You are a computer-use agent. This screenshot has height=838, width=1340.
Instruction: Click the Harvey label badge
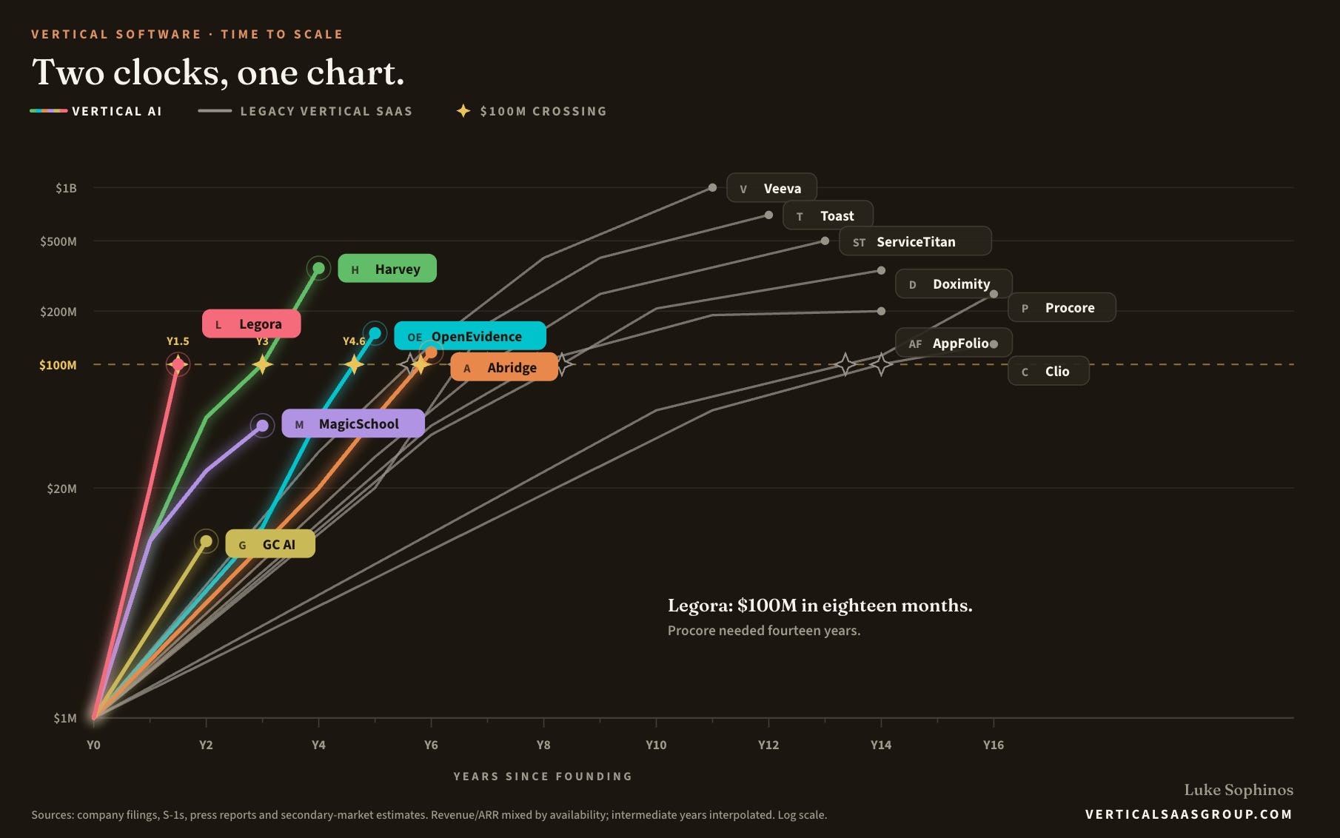pos(387,269)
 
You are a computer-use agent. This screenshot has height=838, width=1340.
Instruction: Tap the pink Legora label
pos(252,324)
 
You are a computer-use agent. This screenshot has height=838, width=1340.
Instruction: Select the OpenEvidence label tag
pos(470,336)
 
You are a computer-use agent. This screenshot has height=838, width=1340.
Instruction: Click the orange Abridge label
pos(504,367)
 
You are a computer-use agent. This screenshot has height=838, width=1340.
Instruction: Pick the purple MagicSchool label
pos(353,423)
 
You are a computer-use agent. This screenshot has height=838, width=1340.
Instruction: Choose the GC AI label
pos(270,544)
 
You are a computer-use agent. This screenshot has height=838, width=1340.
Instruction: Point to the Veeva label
pos(771,188)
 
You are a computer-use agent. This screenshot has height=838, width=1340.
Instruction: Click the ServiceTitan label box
pos(915,241)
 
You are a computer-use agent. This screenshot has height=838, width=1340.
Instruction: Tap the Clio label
pos(1048,371)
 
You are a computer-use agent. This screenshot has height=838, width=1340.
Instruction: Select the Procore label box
pos(1062,307)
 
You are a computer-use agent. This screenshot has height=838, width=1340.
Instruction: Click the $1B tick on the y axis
pos(66,188)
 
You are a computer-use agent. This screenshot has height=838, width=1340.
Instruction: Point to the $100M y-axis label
pos(58,365)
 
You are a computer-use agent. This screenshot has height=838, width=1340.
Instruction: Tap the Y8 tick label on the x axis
pos(543,745)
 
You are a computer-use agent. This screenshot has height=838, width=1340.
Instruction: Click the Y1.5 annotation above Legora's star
pos(178,341)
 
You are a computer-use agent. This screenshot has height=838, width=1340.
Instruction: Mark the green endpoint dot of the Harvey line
pos(318,268)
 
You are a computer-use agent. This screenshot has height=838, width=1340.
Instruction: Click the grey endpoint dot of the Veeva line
pos(712,188)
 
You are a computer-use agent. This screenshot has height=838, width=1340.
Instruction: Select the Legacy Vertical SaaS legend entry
pos(305,111)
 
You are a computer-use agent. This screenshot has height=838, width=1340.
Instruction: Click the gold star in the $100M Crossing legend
pos(463,111)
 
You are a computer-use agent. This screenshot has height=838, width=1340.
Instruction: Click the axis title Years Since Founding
pos(543,777)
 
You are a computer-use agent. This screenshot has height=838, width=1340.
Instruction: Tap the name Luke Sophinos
pos(1239,790)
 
